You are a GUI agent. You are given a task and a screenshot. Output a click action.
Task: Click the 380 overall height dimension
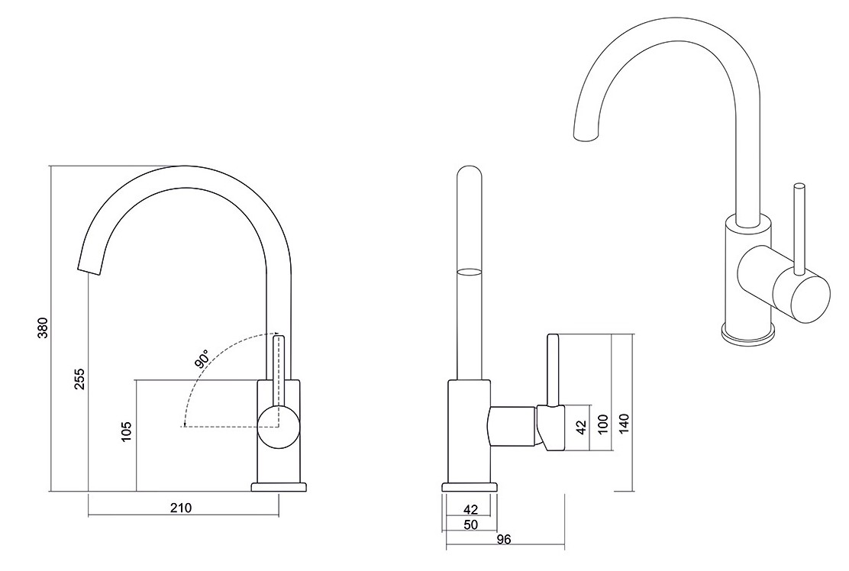[44, 327]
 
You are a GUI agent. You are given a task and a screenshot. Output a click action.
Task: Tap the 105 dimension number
[127, 432]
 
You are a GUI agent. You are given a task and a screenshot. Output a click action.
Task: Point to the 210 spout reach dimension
[181, 508]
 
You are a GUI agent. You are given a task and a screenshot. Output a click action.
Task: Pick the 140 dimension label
[625, 422]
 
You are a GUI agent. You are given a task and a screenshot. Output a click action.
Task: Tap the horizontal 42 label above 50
[470, 509]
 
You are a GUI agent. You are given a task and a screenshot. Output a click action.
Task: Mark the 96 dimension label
[504, 540]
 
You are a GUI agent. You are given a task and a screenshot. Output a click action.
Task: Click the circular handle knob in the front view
[277, 426]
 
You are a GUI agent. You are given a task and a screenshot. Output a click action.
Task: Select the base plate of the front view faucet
[279, 487]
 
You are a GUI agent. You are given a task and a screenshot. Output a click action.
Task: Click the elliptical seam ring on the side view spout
[470, 271]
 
